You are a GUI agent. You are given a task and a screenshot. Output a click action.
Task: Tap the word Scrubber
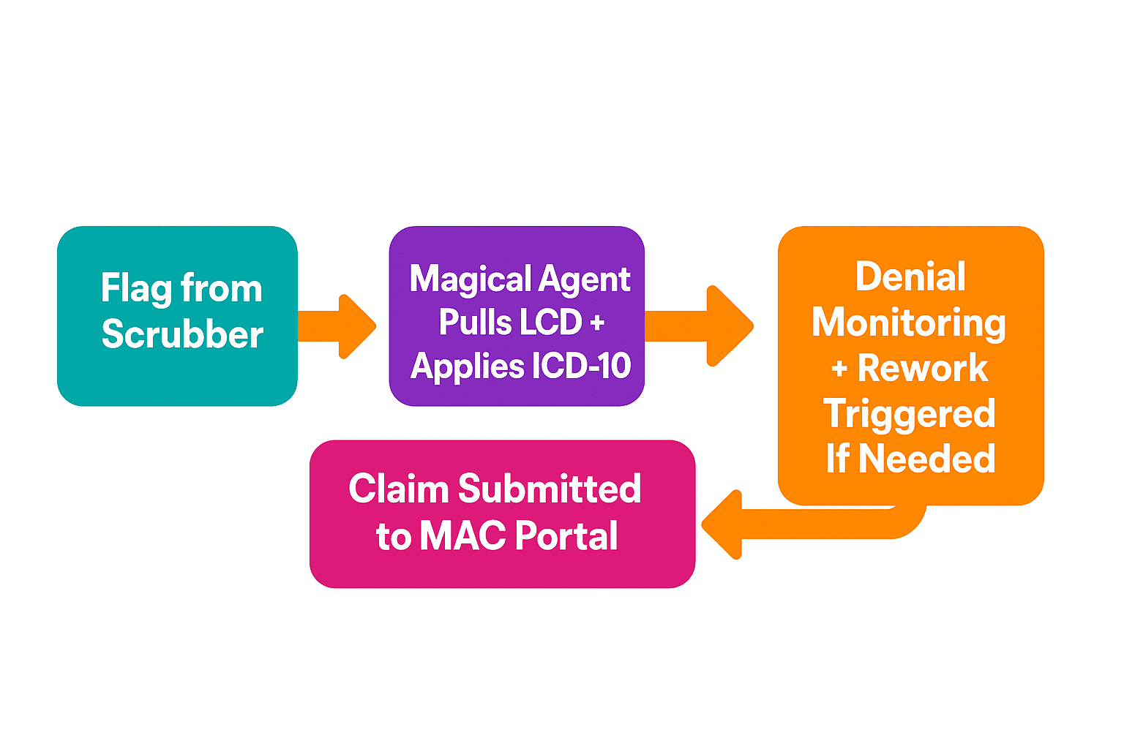182,334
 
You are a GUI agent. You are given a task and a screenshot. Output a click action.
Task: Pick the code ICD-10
582,366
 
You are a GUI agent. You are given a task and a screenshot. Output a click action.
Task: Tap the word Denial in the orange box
910,277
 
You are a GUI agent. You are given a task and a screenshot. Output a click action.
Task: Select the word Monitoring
909,323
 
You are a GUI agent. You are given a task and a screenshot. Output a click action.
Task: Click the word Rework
923,368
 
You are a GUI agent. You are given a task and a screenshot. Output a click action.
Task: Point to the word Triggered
910,414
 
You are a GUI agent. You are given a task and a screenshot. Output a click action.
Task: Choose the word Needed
926,459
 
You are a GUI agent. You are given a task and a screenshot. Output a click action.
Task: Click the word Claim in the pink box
398,489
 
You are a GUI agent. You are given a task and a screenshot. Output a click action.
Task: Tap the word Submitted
550,489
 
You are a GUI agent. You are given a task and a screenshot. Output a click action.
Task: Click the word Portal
566,535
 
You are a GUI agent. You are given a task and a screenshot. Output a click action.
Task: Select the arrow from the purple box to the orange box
702,326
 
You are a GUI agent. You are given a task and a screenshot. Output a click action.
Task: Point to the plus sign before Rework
839,369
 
